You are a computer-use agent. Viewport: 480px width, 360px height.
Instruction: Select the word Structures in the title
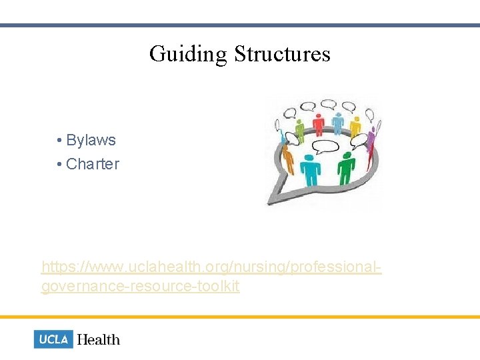click(282, 54)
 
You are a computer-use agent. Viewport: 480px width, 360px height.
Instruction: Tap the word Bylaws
click(91, 141)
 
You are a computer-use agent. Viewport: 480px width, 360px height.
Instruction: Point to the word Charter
click(93, 164)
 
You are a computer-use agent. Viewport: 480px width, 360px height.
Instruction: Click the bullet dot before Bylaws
click(60, 141)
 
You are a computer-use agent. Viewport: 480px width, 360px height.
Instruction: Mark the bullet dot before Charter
click(60, 164)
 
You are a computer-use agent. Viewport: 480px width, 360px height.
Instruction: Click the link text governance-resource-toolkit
click(140, 287)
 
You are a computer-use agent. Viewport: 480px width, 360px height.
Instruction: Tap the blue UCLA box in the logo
click(53, 339)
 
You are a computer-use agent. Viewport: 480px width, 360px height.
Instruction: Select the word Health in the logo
click(99, 339)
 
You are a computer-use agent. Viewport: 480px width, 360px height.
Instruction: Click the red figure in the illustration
click(319, 123)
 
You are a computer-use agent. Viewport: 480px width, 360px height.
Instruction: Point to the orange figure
click(287, 157)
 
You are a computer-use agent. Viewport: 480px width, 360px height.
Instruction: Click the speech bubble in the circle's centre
click(327, 146)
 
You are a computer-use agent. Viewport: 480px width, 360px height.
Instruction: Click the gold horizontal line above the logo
click(240, 317)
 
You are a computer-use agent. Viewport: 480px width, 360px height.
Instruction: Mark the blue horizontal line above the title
click(240, 25)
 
